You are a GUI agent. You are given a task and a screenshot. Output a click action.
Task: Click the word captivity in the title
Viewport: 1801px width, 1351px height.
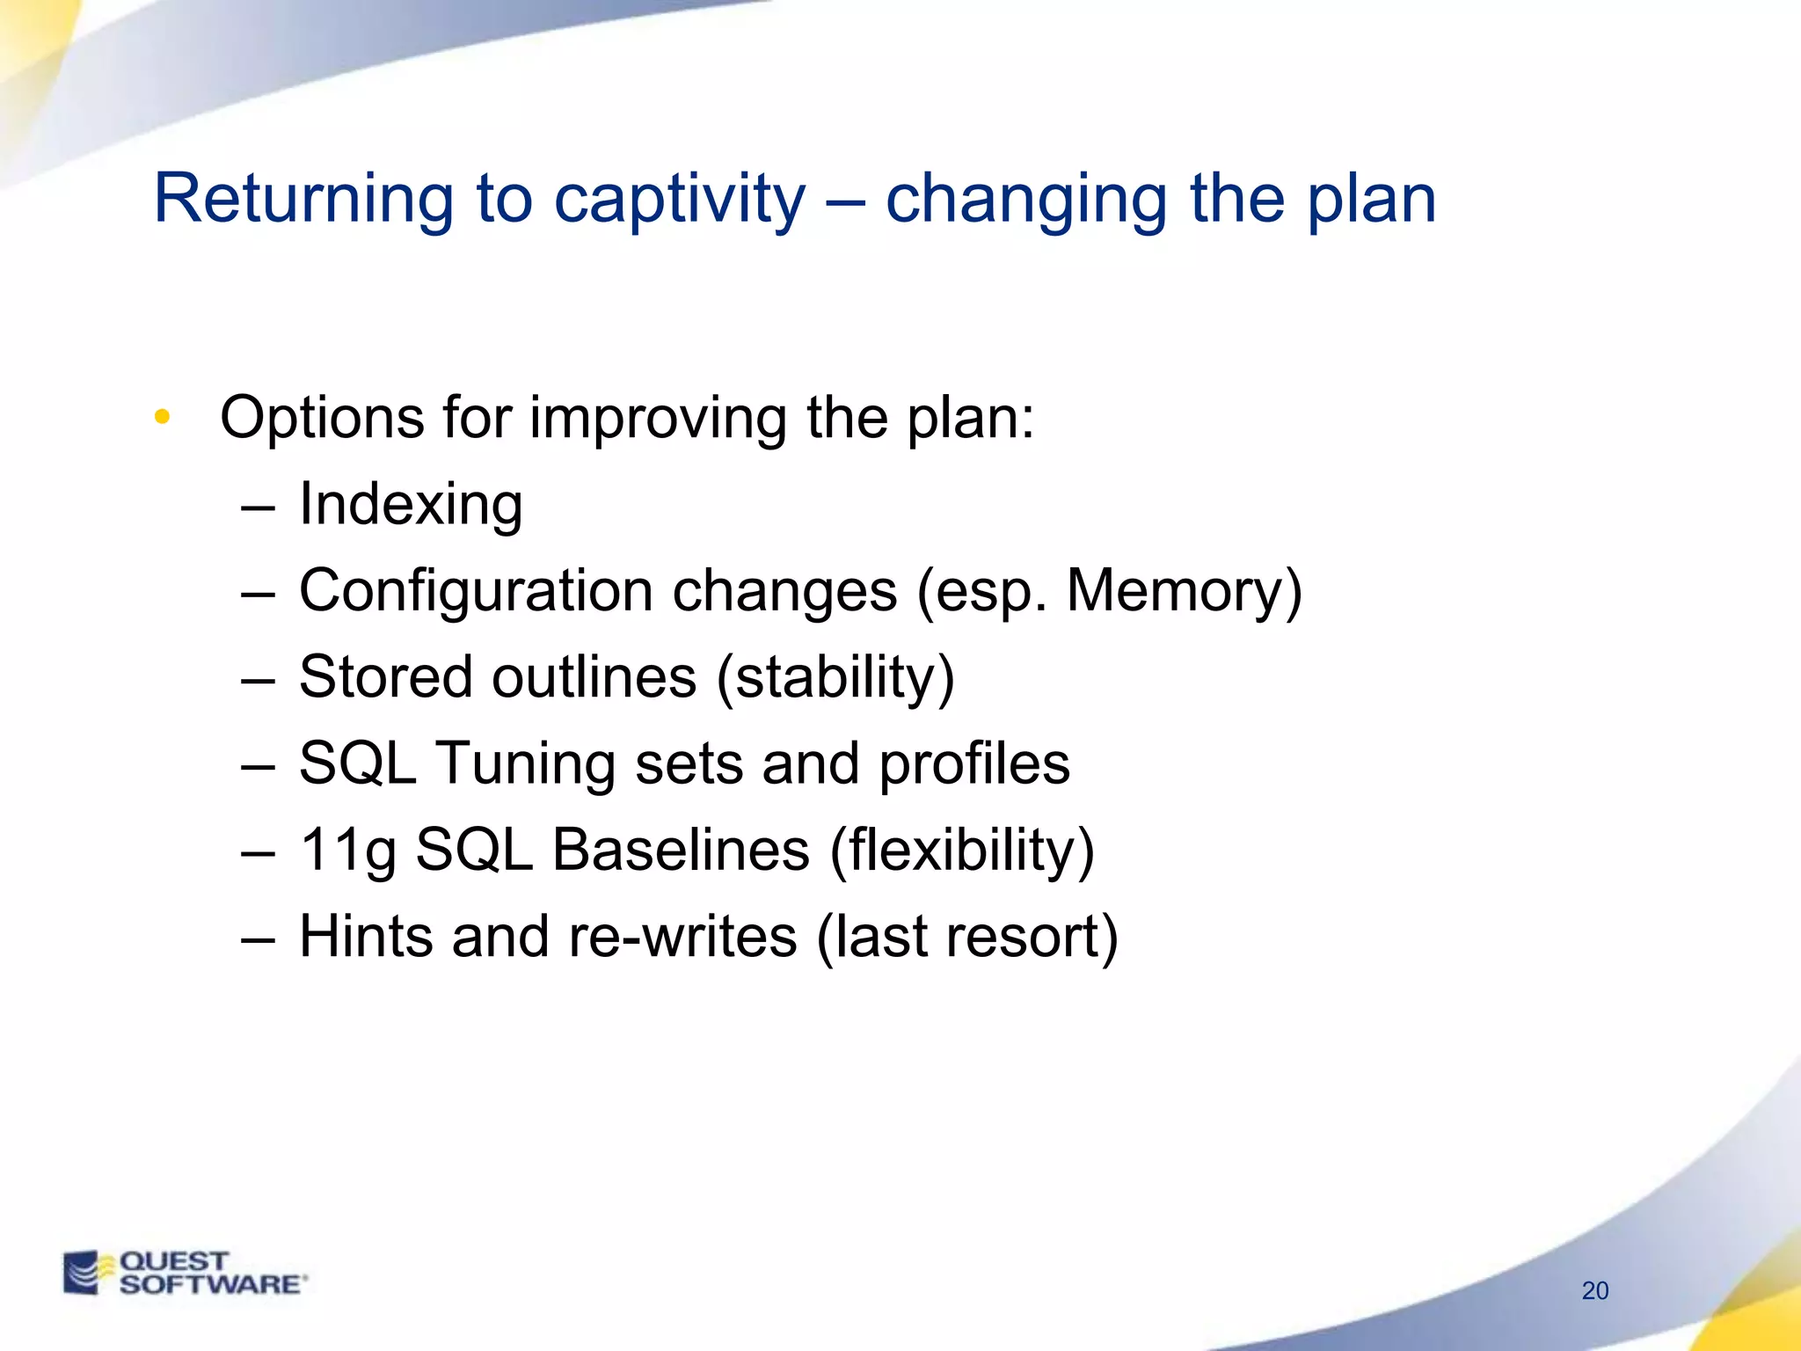tap(679, 201)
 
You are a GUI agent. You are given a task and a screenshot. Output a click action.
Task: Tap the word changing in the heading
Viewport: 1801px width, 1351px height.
tap(1026, 201)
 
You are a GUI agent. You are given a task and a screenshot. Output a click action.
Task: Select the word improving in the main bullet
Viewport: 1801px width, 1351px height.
tap(658, 418)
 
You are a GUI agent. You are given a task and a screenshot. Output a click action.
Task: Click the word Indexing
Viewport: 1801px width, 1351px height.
tap(411, 505)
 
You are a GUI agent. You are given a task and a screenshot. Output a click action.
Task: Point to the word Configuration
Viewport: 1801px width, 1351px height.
tap(476, 591)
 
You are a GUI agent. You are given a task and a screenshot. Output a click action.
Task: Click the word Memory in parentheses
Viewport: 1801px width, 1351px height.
tap(1176, 591)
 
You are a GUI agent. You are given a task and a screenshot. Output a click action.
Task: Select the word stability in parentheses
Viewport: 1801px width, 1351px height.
tap(835, 678)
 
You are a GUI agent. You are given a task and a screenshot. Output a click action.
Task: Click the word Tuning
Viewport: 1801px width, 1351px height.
tap(525, 763)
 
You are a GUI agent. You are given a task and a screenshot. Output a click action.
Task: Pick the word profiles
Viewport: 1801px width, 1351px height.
tap(974, 763)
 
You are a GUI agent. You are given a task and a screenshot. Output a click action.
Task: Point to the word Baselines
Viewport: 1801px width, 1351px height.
tap(681, 850)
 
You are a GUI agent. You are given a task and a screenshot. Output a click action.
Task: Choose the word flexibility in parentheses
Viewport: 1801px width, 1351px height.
tap(962, 851)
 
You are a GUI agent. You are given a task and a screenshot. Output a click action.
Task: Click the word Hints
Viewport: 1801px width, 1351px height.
tap(365, 936)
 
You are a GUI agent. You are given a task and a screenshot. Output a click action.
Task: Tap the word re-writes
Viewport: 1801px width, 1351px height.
tap(682, 936)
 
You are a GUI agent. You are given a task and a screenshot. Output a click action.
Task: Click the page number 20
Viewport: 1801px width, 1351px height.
tap(1594, 1290)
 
